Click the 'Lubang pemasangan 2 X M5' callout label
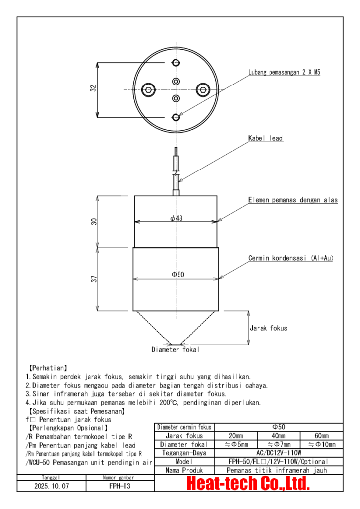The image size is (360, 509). coord(284,72)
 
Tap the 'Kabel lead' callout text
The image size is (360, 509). coord(266,138)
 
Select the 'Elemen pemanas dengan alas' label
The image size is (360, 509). coord(293,200)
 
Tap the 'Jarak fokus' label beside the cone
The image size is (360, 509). coord(268,328)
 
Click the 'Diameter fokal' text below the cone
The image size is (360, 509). coord(176,350)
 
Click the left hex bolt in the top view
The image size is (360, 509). coord(148,90)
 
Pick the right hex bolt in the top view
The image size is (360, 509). coord(203,90)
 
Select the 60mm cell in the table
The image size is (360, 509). coord(321,436)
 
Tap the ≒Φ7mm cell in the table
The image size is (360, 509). coord(278,444)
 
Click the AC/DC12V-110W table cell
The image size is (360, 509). coord(278,453)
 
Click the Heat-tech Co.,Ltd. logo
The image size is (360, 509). coord(248,483)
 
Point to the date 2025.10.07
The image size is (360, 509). coord(52,486)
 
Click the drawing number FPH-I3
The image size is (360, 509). coord(120,486)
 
